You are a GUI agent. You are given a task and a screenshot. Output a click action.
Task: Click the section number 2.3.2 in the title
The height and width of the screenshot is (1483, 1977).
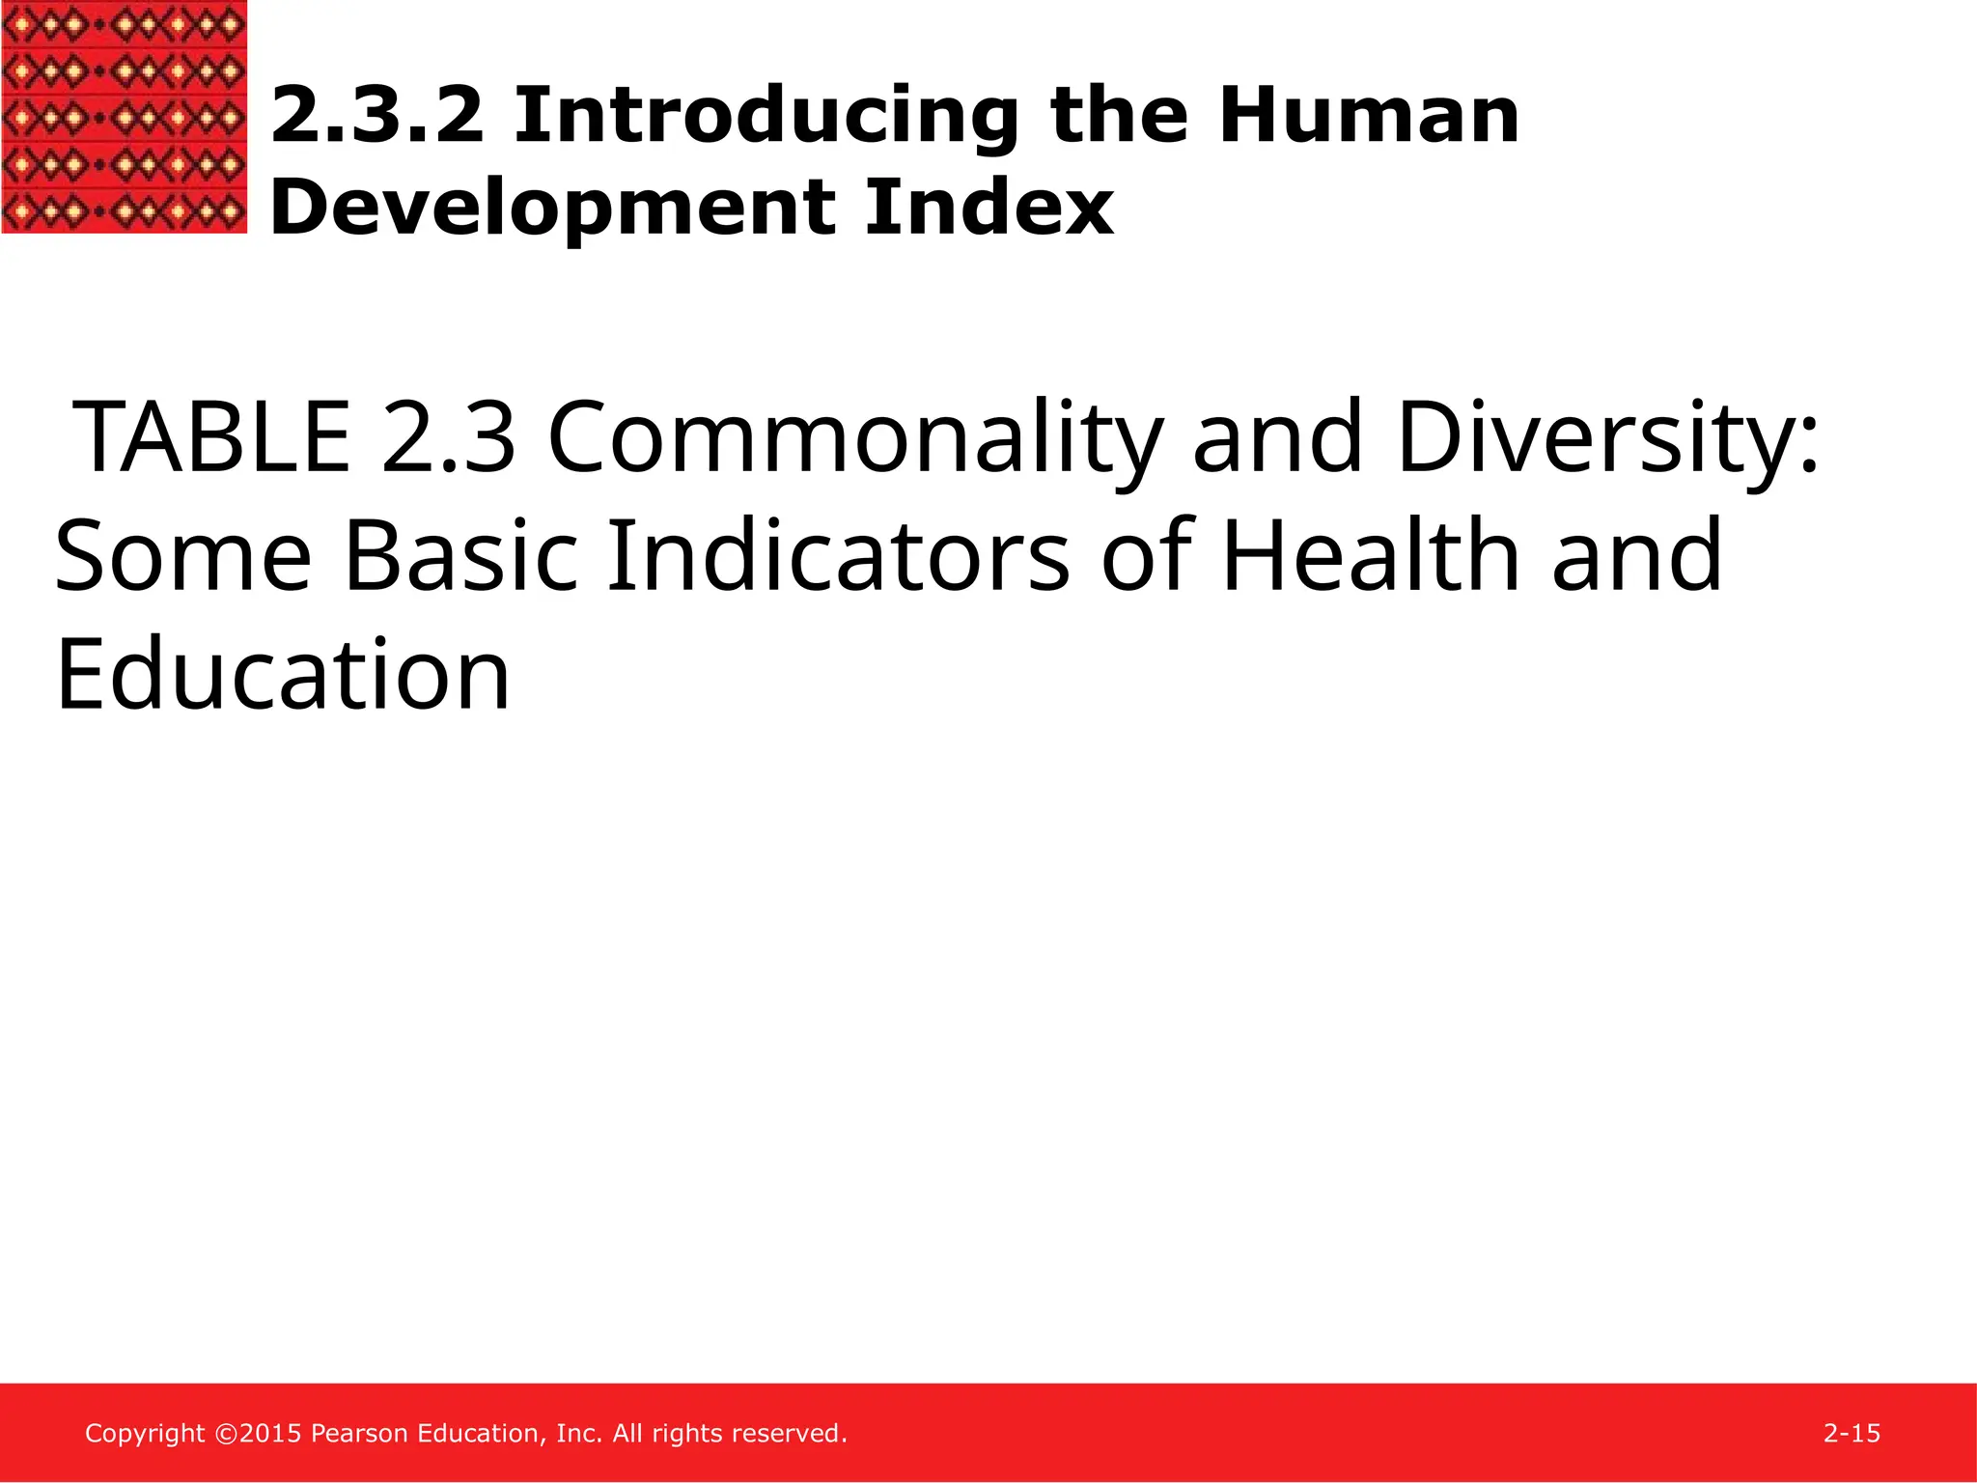tap(376, 116)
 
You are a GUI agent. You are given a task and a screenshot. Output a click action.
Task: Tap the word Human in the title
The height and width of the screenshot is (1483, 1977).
tap(1368, 116)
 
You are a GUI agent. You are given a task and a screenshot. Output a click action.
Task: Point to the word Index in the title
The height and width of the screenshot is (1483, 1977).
tap(989, 207)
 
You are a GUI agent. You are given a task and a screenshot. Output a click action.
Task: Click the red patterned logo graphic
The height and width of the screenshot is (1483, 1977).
tap(124, 116)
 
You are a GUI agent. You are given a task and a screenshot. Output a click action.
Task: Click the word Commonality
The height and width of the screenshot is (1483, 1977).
tap(854, 439)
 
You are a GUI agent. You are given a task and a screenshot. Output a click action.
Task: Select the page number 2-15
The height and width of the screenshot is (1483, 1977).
tap(1852, 1434)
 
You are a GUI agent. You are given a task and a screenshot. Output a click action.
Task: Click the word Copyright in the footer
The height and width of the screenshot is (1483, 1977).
tap(145, 1434)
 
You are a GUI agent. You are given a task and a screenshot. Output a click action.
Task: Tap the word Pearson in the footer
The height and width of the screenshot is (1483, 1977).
tap(359, 1434)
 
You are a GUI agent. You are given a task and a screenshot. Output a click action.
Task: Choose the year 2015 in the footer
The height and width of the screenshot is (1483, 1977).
tap(270, 1434)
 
